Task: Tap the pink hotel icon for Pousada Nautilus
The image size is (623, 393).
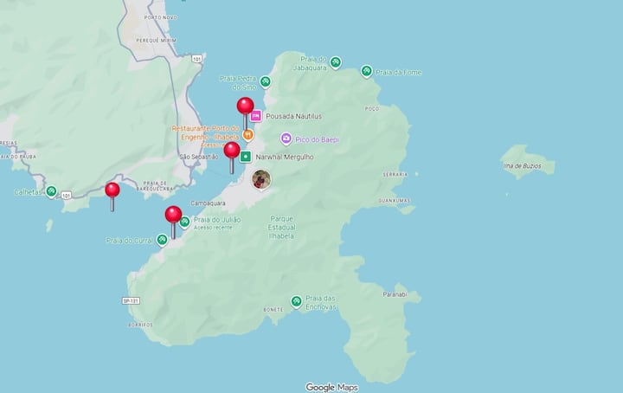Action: click(256, 116)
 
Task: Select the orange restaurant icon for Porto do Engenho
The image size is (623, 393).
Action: click(247, 135)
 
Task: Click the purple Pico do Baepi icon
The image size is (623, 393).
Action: click(286, 139)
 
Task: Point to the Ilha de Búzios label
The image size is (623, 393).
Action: click(527, 164)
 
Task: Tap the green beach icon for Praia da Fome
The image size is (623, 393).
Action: click(367, 71)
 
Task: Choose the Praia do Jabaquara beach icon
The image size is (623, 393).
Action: click(335, 62)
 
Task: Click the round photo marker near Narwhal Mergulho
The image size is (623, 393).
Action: click(261, 179)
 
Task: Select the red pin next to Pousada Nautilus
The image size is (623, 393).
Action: click(246, 106)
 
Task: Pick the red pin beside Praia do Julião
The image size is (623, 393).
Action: click(173, 215)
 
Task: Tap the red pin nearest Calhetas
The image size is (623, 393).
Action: click(112, 190)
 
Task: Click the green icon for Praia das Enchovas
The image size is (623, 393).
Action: click(297, 301)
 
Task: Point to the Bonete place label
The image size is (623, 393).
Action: click(274, 309)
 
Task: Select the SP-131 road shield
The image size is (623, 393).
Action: click(131, 300)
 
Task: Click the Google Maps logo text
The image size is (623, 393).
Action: click(332, 387)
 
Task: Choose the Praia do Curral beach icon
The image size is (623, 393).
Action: click(162, 240)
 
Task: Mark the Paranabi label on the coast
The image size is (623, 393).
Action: click(395, 294)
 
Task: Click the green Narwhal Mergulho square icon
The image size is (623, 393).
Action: click(246, 157)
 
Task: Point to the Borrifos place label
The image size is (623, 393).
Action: click(140, 325)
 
